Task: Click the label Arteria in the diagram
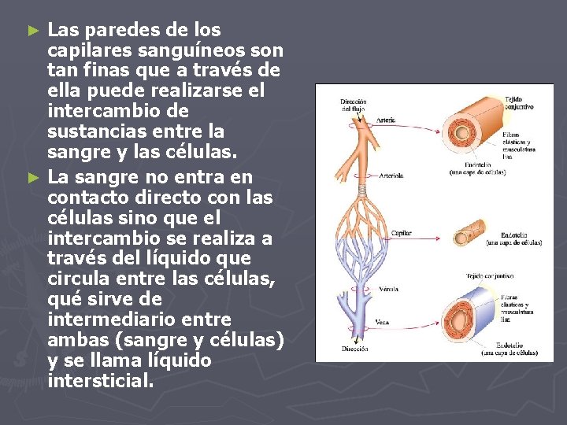(385, 120)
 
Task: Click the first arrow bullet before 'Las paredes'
(32, 31)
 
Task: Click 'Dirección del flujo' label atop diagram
(353, 105)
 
